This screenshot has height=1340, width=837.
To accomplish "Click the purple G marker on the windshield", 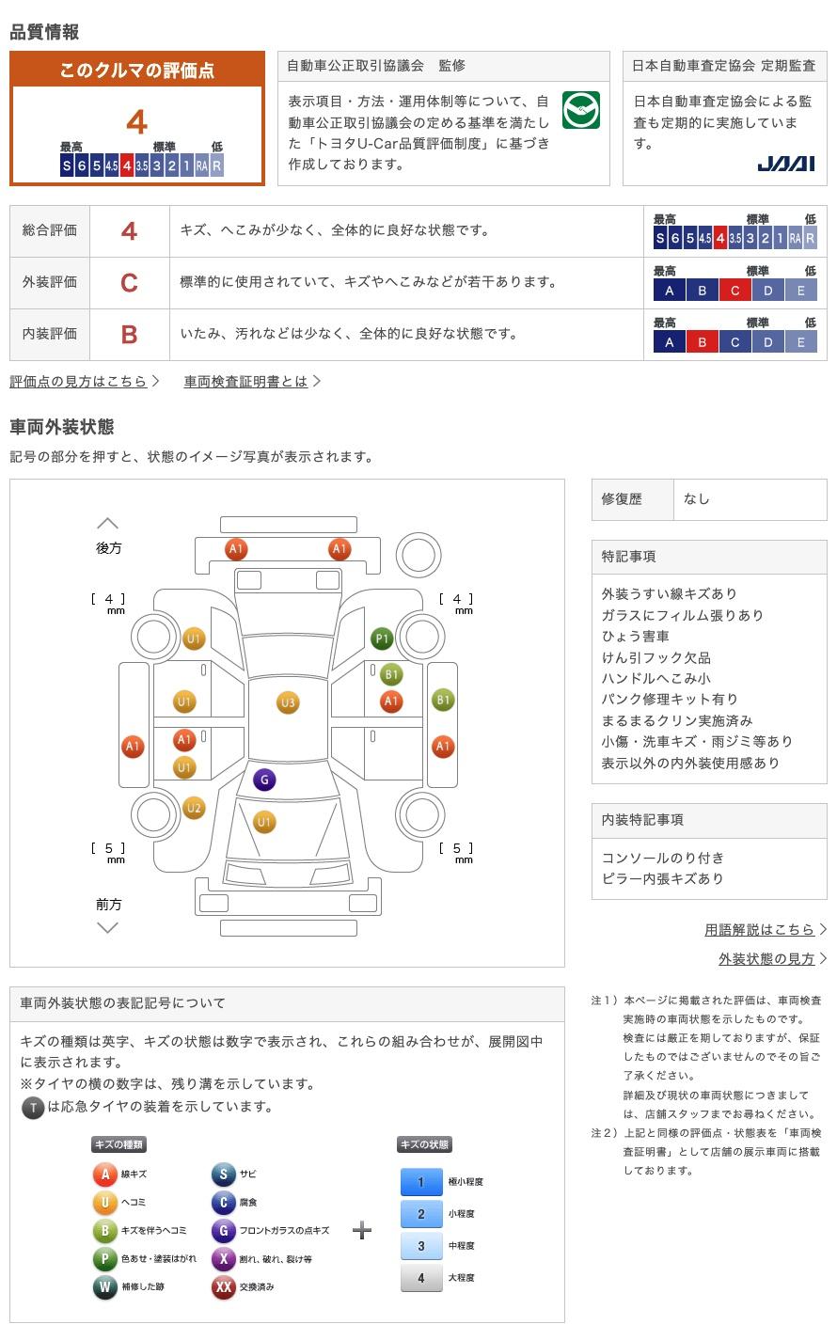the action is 264,780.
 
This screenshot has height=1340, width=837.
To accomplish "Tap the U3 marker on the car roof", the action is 288,702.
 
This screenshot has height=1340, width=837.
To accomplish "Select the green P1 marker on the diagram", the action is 382,638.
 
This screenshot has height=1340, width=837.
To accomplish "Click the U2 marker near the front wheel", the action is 194,808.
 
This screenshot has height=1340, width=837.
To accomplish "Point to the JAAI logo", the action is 786,164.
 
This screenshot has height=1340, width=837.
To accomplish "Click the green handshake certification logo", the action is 581,110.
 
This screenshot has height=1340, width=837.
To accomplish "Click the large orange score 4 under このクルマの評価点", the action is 137,122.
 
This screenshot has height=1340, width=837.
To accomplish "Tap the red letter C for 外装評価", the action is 129,282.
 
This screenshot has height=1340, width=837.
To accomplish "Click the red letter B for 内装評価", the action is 129,334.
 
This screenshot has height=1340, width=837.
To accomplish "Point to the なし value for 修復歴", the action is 697,499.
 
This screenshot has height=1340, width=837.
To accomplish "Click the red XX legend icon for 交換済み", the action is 223,1286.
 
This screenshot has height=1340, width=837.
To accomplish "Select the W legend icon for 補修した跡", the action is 104,1286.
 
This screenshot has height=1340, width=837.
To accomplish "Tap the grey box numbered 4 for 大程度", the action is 421,1277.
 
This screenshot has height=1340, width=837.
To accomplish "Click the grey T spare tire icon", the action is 33,1108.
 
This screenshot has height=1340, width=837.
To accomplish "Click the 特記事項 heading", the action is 628,557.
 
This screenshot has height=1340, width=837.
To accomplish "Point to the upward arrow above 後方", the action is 108,523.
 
